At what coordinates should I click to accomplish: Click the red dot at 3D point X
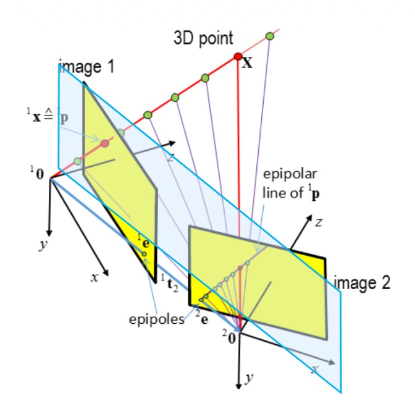238,57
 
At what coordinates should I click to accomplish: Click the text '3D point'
204,38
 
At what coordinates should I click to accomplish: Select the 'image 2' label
363,283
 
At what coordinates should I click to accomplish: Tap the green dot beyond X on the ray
269,36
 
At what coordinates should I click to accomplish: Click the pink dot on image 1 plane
104,143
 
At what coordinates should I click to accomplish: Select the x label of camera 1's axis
94,279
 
